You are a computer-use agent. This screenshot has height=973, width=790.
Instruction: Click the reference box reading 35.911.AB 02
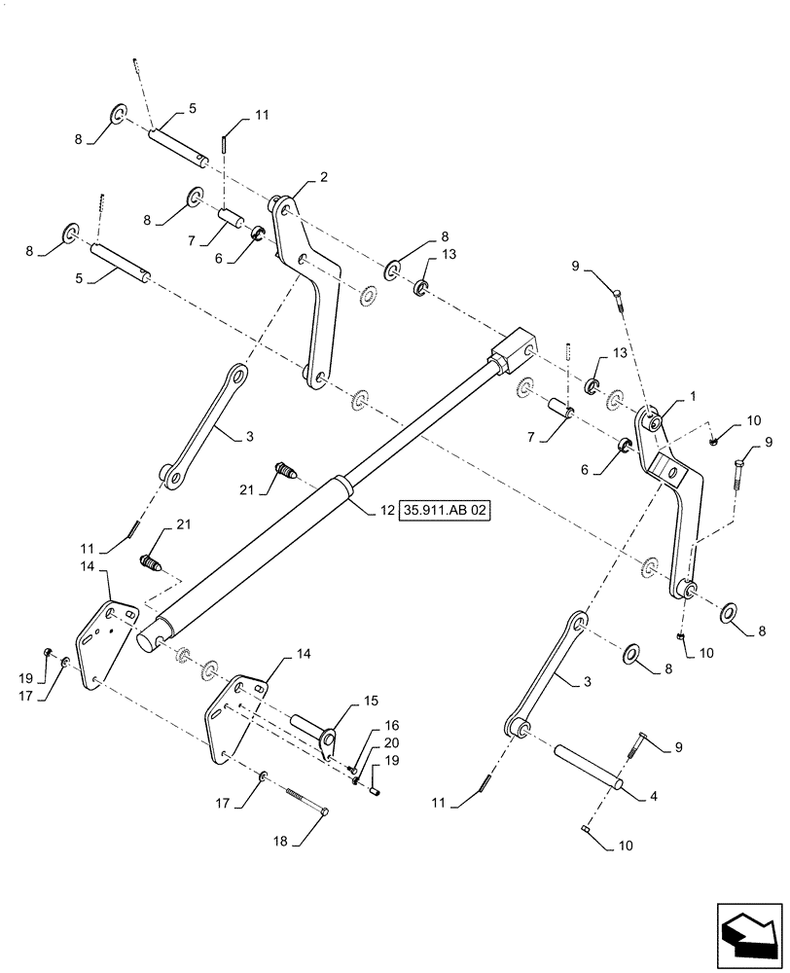tap(443, 510)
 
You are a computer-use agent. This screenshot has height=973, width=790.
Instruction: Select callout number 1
tap(692, 398)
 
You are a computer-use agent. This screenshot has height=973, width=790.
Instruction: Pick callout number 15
tap(343, 700)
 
